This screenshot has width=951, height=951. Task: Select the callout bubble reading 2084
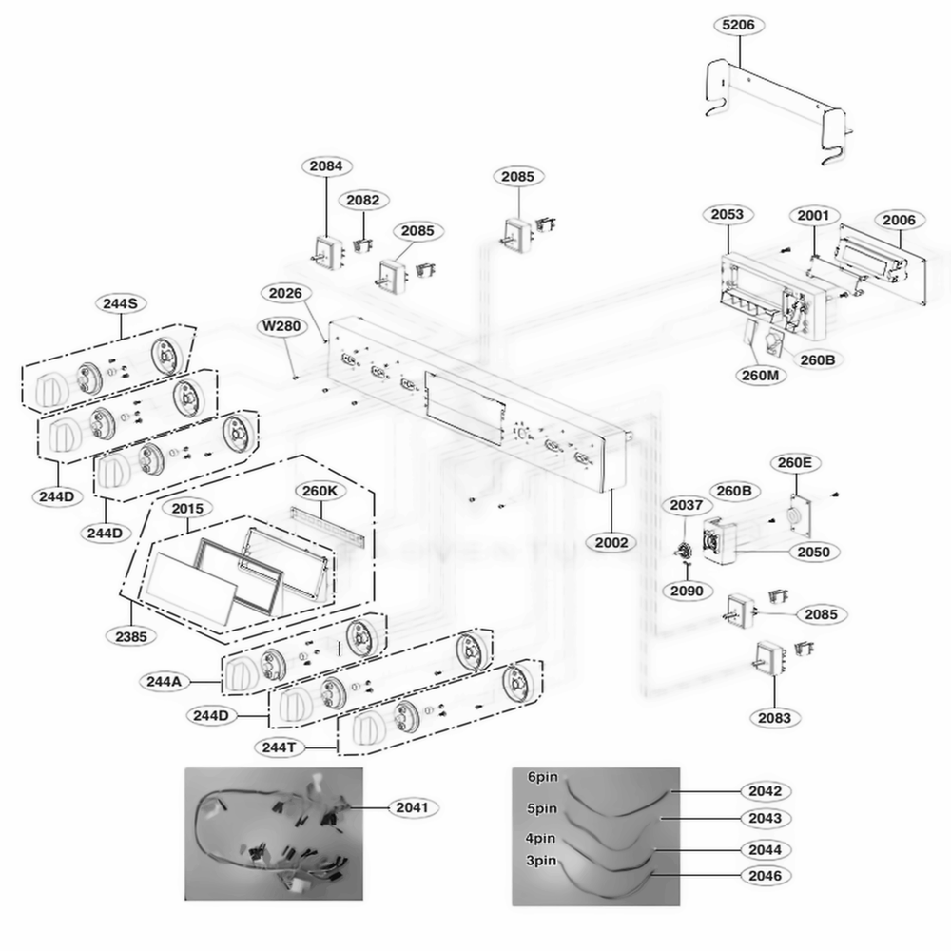tap(326, 165)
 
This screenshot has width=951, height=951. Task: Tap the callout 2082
tap(362, 200)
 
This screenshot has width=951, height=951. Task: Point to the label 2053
tap(727, 214)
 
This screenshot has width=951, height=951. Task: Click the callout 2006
tap(898, 221)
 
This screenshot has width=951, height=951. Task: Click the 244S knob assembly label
tap(121, 303)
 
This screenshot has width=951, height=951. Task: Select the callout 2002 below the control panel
tap(611, 543)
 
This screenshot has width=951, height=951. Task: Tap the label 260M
tap(758, 374)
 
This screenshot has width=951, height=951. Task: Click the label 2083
tap(774, 718)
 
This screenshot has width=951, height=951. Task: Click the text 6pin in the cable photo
tap(542, 776)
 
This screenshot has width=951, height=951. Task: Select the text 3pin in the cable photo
tap(542, 860)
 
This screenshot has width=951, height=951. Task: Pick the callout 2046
tap(765, 874)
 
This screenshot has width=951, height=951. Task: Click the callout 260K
tap(320, 491)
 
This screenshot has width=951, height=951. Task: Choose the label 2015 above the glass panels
tap(186, 509)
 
